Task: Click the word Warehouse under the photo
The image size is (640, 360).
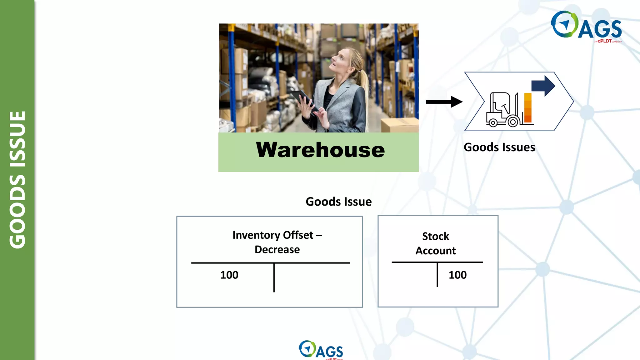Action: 320,150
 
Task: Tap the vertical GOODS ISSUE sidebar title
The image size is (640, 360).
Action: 17,180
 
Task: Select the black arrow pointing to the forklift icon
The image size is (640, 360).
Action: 444,102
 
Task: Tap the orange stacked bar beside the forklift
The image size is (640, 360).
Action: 528,108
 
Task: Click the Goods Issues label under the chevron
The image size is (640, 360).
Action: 499,147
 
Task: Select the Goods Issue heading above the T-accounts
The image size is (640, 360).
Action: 338,202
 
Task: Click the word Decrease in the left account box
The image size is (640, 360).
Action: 277,249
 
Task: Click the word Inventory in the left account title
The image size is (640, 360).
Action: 256,235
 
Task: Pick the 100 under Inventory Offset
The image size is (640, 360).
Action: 229,275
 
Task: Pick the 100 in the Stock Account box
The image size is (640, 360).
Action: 457,275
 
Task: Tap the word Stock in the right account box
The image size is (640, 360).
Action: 435,236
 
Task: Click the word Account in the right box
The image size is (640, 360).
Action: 435,251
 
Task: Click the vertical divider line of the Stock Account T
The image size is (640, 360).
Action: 437,275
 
